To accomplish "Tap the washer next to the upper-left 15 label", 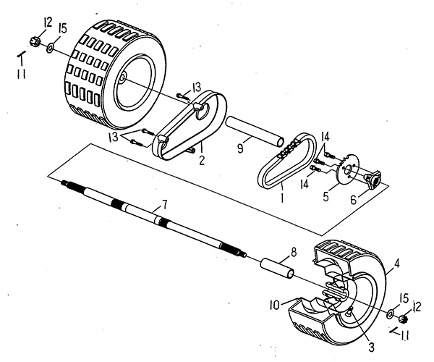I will click(49, 49).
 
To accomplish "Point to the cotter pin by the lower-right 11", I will click(395, 331).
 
